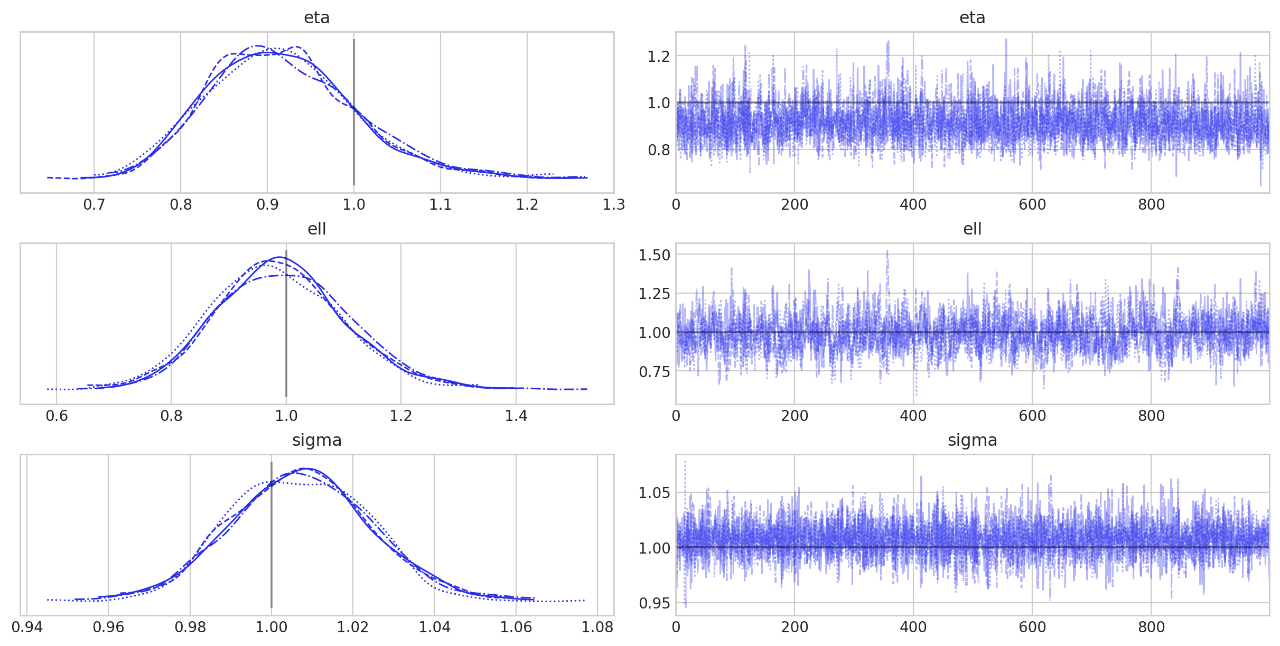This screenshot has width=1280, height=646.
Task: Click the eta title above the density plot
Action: (x=316, y=18)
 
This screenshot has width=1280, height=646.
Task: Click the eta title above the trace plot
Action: (x=972, y=18)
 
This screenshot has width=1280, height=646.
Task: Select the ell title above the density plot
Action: (x=316, y=229)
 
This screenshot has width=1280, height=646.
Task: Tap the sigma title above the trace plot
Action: (x=972, y=441)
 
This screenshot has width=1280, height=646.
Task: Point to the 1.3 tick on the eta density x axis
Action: (x=613, y=205)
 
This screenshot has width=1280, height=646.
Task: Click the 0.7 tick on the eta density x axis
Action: (x=94, y=205)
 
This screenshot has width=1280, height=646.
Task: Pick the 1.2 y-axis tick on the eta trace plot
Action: (x=658, y=56)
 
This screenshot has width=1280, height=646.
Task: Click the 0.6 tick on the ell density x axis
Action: (x=57, y=416)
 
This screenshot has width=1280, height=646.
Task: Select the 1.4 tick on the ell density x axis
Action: (x=516, y=416)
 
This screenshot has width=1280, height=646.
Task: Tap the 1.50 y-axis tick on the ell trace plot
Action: (x=654, y=255)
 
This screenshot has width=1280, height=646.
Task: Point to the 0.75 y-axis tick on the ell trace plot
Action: (x=654, y=372)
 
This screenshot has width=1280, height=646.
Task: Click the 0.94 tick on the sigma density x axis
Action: (x=27, y=628)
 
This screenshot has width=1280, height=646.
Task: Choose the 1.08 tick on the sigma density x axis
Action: (x=597, y=628)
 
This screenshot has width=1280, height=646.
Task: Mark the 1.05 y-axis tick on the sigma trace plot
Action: (x=654, y=493)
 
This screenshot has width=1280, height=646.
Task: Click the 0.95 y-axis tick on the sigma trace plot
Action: (x=654, y=603)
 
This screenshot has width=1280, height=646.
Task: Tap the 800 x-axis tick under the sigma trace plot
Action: (x=1151, y=628)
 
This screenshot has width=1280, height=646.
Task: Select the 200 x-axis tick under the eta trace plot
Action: (x=795, y=205)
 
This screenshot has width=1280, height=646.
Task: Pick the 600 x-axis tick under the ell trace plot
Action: (x=1032, y=416)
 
